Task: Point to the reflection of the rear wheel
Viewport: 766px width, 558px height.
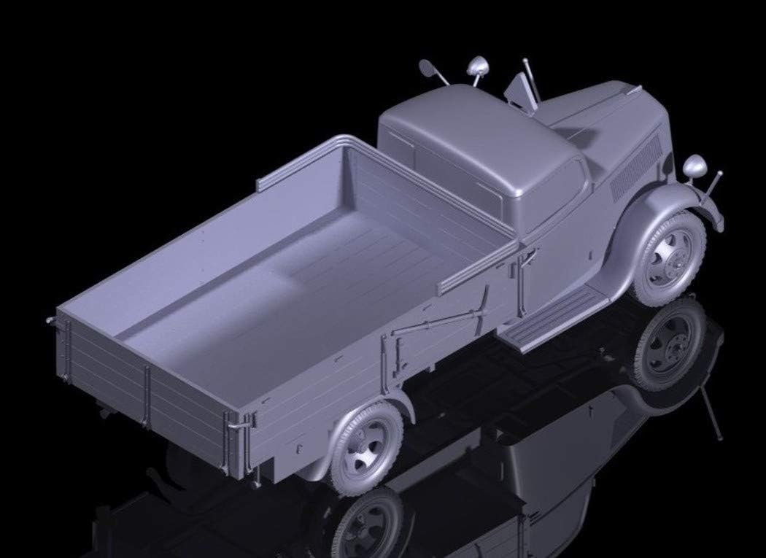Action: point(372,525)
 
